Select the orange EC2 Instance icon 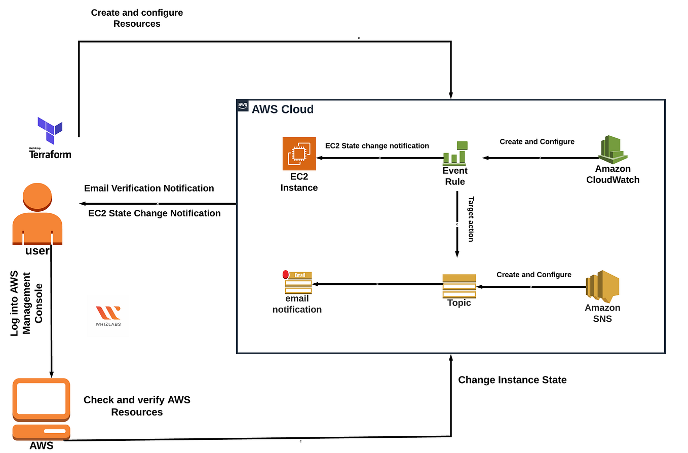299,154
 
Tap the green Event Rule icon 455,153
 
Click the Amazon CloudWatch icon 613,149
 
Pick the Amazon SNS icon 602,286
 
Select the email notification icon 298,282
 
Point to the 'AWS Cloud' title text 283,109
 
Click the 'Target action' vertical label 471,219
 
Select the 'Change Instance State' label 512,380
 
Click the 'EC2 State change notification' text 377,146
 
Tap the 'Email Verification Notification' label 149,188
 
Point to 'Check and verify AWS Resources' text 137,406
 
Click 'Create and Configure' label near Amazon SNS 534,275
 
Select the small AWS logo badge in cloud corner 243,105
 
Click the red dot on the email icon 286,274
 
